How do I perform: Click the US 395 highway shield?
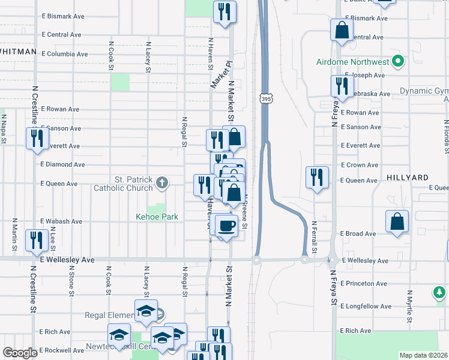(265, 98)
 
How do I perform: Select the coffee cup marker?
(226, 226)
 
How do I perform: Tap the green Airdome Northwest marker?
(397, 61)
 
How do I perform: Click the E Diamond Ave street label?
(62, 164)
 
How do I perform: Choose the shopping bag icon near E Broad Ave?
(397, 221)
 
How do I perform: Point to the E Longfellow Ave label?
(366, 307)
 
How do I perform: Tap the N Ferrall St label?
(314, 236)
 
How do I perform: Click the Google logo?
(20, 353)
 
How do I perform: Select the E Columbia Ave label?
(64, 54)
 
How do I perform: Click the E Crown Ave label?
(360, 165)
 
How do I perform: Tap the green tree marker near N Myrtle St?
(439, 292)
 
